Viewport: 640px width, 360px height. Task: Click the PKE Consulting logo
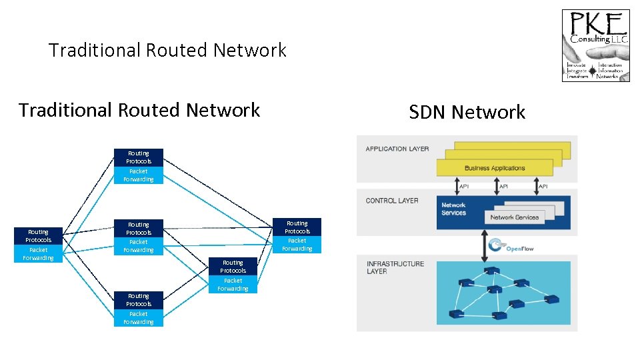point(595,45)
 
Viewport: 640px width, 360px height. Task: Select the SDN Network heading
point(467,112)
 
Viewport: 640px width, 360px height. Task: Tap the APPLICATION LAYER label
point(397,149)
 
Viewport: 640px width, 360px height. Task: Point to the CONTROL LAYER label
point(392,201)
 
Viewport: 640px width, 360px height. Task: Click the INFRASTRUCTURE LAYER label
point(395,267)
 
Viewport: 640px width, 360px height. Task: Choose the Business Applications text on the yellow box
point(495,168)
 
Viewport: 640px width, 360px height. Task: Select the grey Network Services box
point(514,217)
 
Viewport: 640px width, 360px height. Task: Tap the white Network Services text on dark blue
point(454,209)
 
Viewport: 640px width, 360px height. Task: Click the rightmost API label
point(543,187)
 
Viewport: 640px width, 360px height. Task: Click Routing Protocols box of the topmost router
point(139,157)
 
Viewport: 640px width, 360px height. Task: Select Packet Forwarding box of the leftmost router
point(39,254)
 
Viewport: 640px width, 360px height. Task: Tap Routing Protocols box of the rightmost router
point(297,227)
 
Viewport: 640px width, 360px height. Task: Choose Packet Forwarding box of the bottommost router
point(139,318)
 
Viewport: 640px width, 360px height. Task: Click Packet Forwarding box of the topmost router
point(139,175)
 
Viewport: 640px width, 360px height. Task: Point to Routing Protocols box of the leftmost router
point(39,236)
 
